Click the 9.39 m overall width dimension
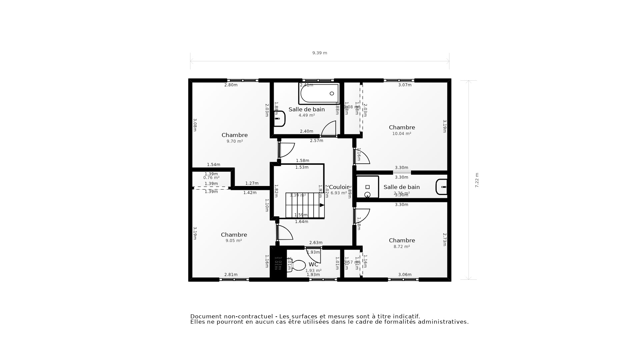point(319,53)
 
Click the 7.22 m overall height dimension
point(477,180)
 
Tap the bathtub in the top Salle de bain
point(319,94)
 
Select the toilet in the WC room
point(298,265)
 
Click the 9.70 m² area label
point(234,141)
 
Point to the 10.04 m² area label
point(401,134)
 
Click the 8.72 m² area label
point(401,247)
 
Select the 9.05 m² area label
point(233,241)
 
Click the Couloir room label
point(339,187)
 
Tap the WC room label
point(313,265)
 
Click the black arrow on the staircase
point(322,205)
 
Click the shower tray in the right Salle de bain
point(367,187)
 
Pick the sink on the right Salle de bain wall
point(441,187)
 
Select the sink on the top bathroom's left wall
point(279,119)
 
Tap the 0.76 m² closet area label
point(211,178)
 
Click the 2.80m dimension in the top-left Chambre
point(231,85)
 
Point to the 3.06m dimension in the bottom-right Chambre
point(405,275)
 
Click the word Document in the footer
point(206,316)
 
